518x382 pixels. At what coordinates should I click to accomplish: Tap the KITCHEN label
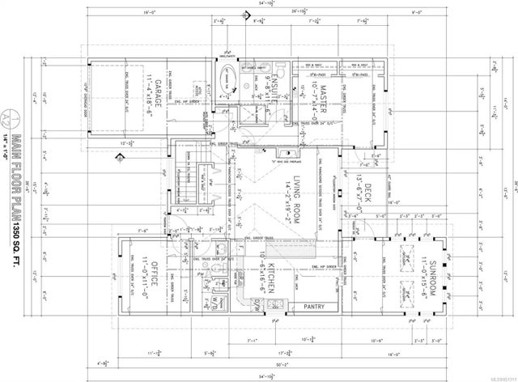(x=275, y=276)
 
